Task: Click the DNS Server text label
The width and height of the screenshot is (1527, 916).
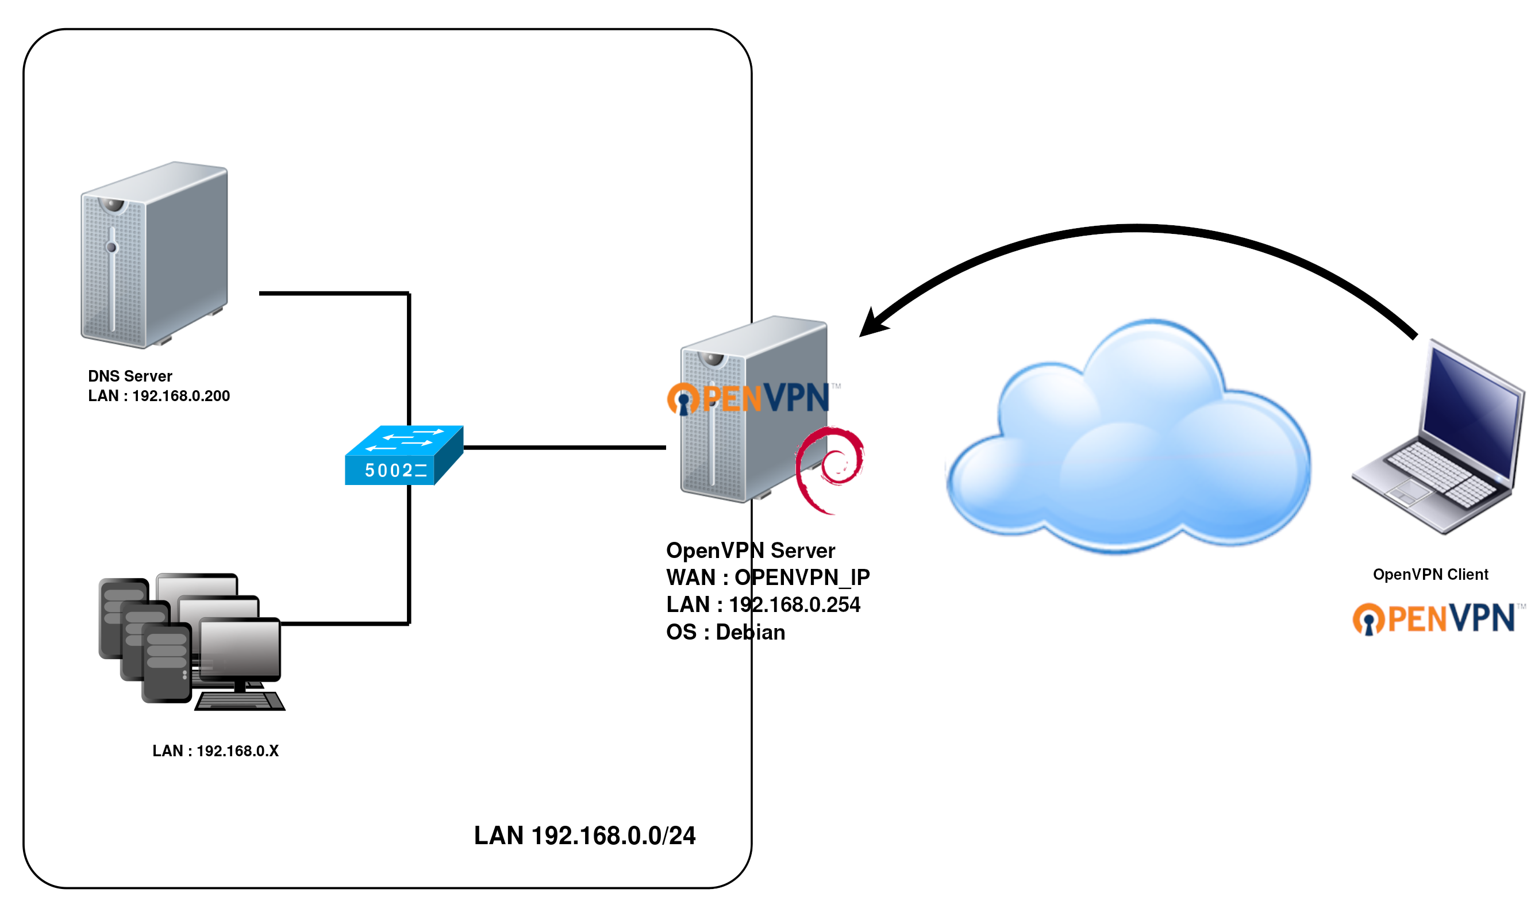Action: pyautogui.click(x=130, y=376)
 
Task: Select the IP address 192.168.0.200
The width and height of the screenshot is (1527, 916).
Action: pyautogui.click(x=180, y=396)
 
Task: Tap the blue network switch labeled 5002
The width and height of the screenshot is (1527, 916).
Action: pyautogui.click(x=403, y=456)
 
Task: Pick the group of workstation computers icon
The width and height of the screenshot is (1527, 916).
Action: pyautogui.click(x=191, y=642)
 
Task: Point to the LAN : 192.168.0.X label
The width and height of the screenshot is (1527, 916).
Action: pyautogui.click(x=216, y=750)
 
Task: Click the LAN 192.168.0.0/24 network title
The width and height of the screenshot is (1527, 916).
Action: pyautogui.click(x=584, y=835)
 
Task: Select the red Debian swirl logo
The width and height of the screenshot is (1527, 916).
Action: pyautogui.click(x=829, y=469)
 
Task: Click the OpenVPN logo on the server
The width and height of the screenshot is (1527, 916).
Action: pyautogui.click(x=749, y=398)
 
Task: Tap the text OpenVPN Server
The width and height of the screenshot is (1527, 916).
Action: pyautogui.click(x=750, y=550)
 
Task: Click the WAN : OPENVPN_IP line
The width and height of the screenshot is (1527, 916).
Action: pyautogui.click(x=767, y=577)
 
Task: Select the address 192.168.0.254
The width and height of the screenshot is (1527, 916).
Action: pyautogui.click(x=794, y=605)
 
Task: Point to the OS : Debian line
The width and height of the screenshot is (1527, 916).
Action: pyautogui.click(x=725, y=632)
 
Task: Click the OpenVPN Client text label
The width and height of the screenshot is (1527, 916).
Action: pyautogui.click(x=1429, y=574)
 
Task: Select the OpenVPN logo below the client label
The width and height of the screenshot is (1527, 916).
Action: pyautogui.click(x=1433, y=618)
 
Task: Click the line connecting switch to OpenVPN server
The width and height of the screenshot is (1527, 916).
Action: pyautogui.click(x=565, y=448)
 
